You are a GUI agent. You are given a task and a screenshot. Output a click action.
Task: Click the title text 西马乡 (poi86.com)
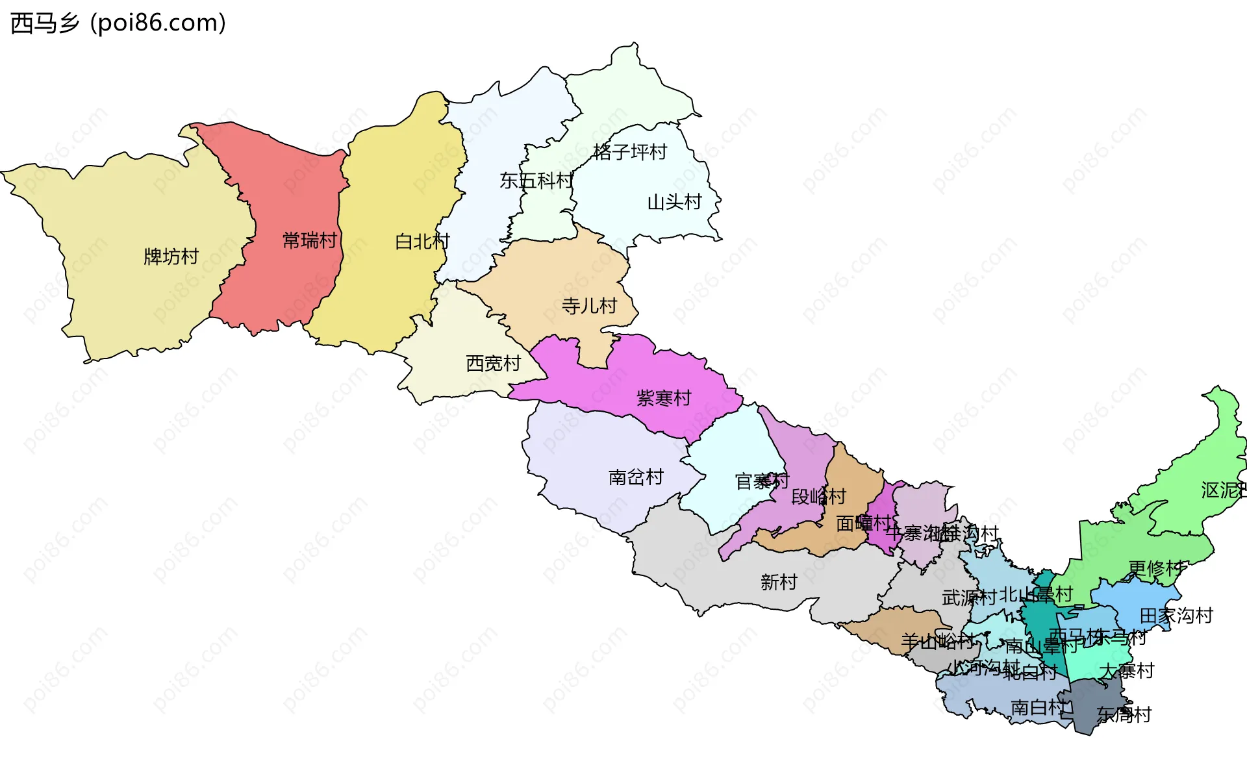click(118, 23)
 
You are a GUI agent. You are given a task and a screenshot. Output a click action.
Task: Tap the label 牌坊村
click(171, 257)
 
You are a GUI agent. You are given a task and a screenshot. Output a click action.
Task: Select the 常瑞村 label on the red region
click(310, 241)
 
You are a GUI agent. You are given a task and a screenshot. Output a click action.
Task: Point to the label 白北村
click(422, 242)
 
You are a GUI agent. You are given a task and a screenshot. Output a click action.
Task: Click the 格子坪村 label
click(629, 152)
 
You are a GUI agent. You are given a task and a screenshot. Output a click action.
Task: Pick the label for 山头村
click(674, 202)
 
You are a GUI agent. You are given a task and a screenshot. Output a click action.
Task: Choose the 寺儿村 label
click(588, 306)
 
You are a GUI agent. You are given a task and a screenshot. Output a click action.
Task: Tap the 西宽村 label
click(493, 364)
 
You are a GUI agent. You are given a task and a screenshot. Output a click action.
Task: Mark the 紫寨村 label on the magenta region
click(663, 398)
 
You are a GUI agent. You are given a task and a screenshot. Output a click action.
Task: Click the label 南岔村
click(635, 477)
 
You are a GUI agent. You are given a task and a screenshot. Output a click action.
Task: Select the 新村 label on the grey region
click(778, 582)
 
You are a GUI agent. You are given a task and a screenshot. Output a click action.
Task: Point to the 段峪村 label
click(818, 497)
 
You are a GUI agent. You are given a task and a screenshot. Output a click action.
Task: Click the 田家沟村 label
click(1176, 616)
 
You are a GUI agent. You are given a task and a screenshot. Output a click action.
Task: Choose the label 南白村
click(1038, 707)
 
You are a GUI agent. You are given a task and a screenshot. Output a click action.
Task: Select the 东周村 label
click(1124, 715)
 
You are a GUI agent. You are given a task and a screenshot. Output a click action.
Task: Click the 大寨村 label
click(1126, 671)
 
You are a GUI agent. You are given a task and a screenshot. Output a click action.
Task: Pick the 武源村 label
click(968, 597)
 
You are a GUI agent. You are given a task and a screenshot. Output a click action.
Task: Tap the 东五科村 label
click(536, 181)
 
